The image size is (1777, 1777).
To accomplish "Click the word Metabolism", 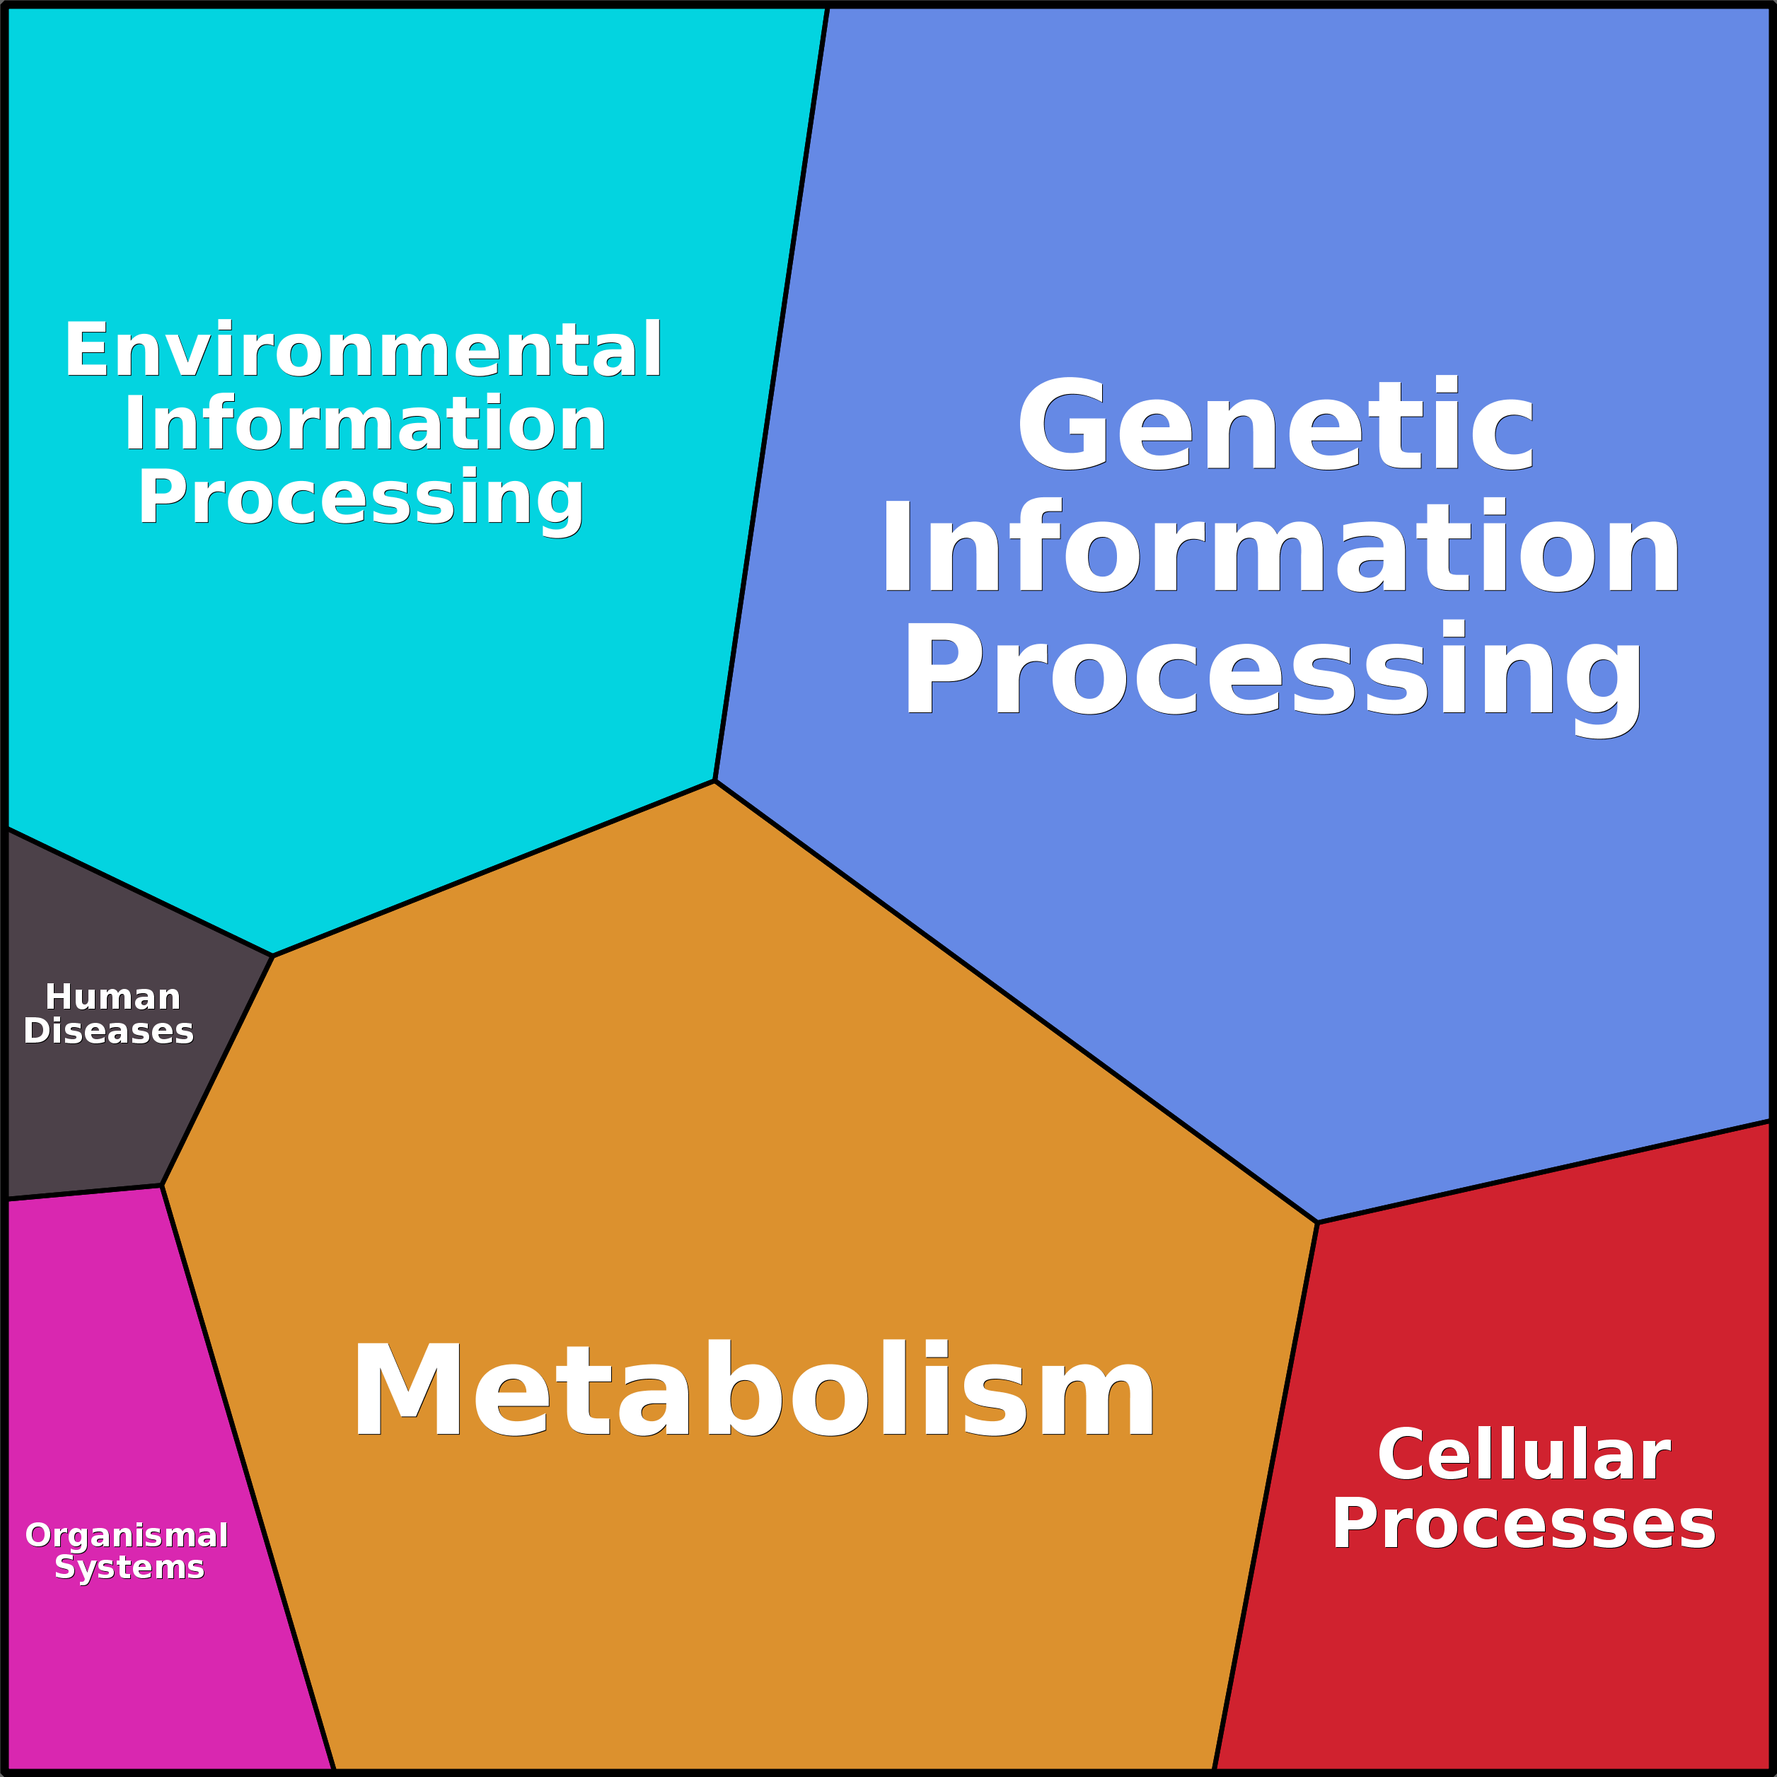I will click(753, 1390).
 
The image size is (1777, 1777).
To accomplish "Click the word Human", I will click(112, 997).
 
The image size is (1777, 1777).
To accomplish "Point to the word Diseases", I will click(108, 1031).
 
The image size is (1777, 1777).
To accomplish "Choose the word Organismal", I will click(127, 1535).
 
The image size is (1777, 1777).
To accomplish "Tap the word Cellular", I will click(1524, 1455).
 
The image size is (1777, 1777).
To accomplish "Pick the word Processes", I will click(1524, 1524).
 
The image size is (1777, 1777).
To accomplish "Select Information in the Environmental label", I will click(365, 424).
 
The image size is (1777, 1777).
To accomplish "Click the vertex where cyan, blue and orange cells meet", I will click(714, 781).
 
